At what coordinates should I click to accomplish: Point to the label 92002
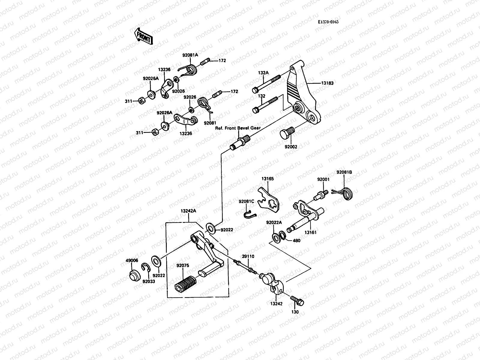291,147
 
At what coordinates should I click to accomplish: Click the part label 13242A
188,211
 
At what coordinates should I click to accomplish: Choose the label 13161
310,232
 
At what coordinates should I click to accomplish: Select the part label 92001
323,179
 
